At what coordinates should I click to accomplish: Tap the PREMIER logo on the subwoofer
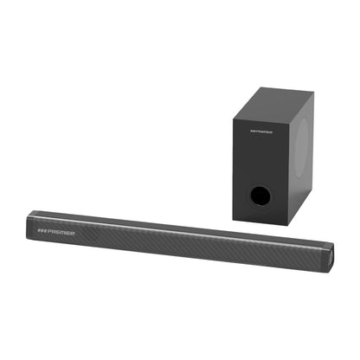tap(260, 132)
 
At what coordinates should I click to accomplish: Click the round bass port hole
tap(259, 195)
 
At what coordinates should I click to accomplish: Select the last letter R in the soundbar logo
tap(73, 234)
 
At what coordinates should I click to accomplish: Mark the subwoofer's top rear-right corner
tap(312, 92)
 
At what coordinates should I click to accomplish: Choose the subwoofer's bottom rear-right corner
tap(311, 192)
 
